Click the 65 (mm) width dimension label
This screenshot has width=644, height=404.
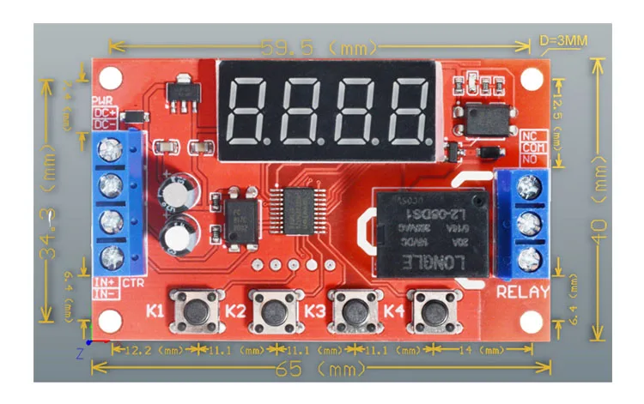tap(322, 370)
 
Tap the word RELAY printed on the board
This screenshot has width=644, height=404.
tap(522, 292)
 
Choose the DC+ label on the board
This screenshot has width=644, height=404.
tap(104, 112)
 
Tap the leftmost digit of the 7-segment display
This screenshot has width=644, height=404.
tap(253, 112)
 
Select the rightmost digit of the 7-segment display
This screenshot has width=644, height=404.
tap(403, 112)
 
